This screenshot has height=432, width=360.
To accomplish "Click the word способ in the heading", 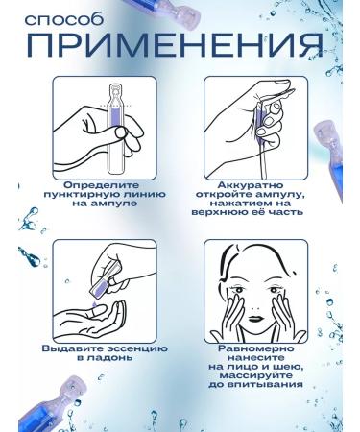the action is pos(64,19).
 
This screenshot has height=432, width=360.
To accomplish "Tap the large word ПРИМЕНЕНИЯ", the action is pos(175,45).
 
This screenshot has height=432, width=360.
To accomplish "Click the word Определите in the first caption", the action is pos(102,185).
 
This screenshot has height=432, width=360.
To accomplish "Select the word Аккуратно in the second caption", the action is pos(251,185).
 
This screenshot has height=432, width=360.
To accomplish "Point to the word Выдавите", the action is pos(72,348).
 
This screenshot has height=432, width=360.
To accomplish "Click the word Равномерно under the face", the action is pos(255,348).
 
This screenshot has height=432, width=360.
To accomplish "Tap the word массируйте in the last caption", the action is pos(255,375).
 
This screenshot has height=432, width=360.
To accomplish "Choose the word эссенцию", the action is pos(136,348).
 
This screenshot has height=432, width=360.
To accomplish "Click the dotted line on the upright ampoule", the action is pos(115,105).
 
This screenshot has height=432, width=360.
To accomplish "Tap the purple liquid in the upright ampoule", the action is pos(115,120).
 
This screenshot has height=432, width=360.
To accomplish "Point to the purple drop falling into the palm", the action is pos(94,304).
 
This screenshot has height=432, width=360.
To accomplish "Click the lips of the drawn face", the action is pos(255,319).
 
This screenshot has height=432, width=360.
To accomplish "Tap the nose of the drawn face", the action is pos(255,309).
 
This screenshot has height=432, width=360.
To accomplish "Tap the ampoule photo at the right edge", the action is pos(329,160).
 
